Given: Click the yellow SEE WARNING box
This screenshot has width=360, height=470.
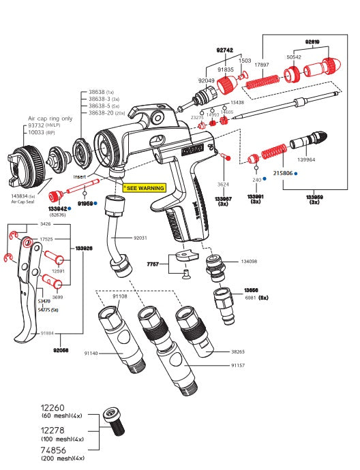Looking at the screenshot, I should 144,187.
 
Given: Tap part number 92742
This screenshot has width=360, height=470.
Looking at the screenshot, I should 225,50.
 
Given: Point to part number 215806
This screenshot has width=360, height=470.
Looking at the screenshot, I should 283,174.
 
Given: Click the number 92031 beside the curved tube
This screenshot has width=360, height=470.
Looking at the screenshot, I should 140,238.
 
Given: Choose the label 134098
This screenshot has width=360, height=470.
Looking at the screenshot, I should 250,261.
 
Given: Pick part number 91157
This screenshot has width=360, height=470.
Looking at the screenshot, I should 238,365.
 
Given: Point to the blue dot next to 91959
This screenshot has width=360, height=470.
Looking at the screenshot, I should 95,203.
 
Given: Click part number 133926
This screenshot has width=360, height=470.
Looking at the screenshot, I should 84,249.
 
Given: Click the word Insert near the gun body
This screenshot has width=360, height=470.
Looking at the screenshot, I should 100,175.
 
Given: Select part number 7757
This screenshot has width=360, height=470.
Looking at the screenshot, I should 153,263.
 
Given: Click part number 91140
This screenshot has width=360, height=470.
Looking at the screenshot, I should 91,353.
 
